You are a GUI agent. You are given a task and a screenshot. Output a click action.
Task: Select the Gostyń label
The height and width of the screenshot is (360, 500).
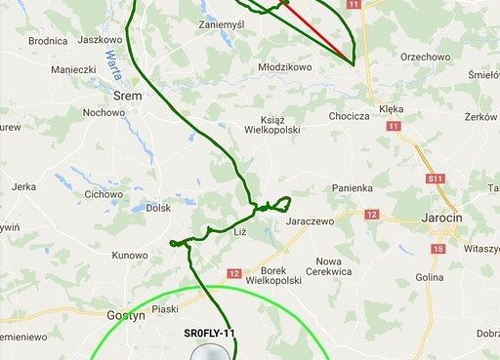(125, 315)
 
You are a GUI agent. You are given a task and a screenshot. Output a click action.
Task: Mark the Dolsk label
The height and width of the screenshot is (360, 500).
(157, 208)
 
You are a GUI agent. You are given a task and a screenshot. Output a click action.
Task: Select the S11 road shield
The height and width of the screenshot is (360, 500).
(437, 180)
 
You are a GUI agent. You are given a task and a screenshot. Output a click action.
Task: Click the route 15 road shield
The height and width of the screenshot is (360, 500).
(437, 250)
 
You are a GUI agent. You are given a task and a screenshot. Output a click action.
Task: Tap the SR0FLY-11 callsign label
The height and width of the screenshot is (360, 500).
(210, 334)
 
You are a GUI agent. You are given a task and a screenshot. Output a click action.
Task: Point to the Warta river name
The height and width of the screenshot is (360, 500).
(115, 66)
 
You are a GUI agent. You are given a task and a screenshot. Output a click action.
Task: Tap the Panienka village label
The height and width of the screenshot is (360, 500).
(353, 187)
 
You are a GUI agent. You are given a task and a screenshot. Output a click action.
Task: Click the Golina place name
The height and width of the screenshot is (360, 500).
(430, 277)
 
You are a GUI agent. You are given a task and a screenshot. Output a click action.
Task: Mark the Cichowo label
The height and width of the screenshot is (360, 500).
(104, 194)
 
